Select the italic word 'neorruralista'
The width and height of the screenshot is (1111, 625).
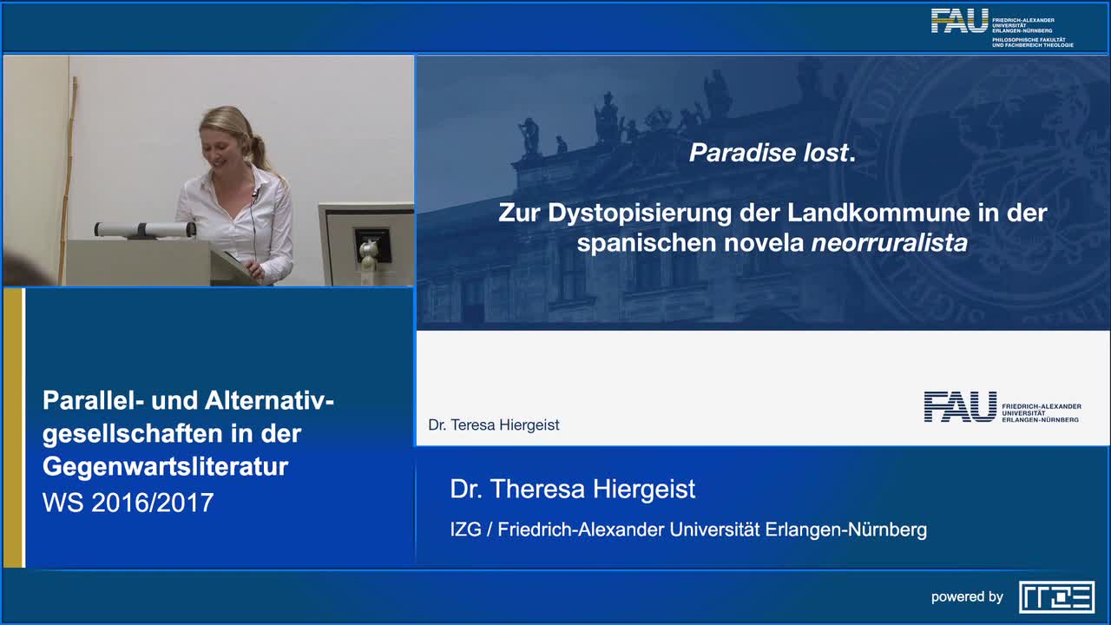(889, 243)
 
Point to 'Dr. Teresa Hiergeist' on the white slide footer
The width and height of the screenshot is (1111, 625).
(494, 424)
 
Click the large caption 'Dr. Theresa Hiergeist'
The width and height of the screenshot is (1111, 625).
(573, 489)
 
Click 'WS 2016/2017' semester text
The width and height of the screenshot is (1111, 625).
(128, 502)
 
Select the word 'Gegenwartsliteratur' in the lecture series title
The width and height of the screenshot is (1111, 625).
(165, 466)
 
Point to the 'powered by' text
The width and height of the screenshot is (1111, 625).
(967, 596)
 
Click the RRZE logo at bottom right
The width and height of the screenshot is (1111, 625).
(1056, 596)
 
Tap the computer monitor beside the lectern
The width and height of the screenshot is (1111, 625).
(366, 243)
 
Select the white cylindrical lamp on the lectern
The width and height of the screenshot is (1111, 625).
(145, 229)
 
